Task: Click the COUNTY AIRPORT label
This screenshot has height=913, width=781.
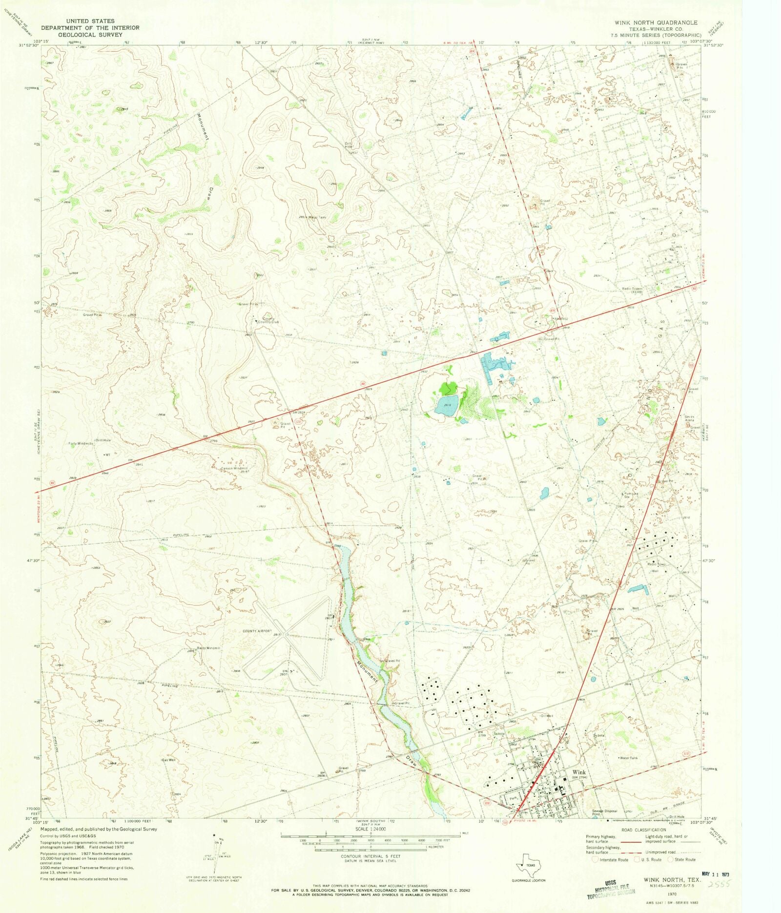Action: tap(257, 631)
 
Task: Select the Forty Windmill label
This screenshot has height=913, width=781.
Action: tap(81, 444)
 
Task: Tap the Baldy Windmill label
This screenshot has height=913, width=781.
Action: tap(208, 648)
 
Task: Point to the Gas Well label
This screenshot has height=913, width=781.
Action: tap(168, 760)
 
